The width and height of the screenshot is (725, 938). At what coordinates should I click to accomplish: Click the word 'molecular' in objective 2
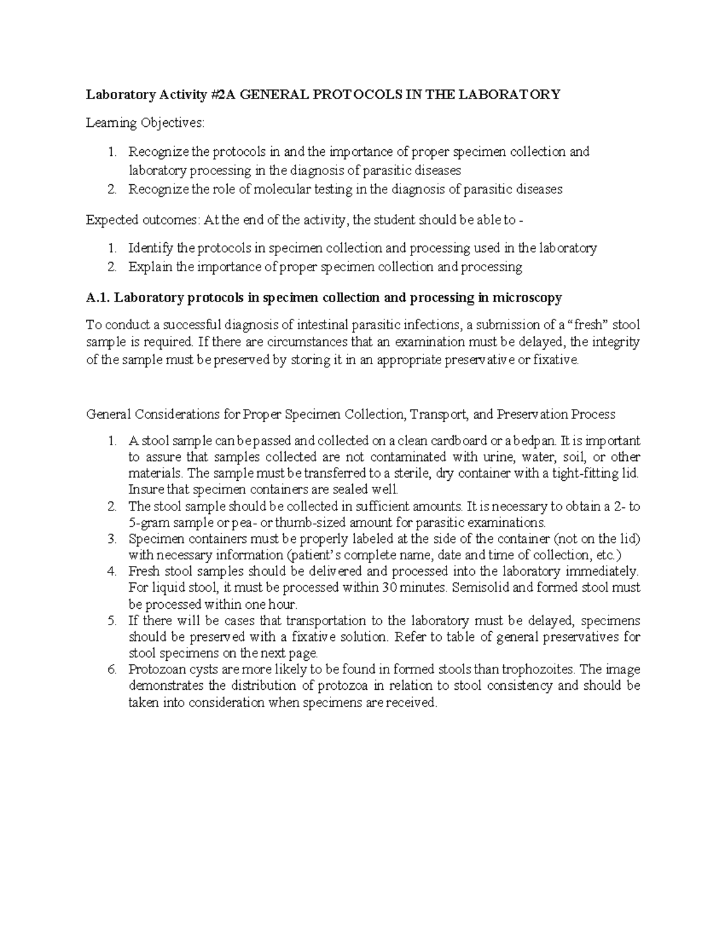click(x=280, y=189)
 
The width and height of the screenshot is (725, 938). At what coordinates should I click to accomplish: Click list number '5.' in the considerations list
click(x=111, y=620)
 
